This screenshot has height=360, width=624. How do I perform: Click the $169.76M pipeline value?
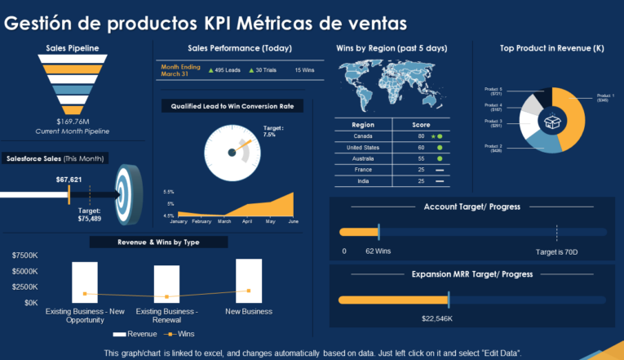pyautogui.click(x=73, y=122)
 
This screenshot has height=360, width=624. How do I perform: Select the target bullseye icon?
pyautogui.click(x=128, y=194)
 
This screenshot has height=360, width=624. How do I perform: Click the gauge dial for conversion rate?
pyautogui.click(x=232, y=152)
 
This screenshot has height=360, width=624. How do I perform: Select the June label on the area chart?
pyautogui.click(x=294, y=221)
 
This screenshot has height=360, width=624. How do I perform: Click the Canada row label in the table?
pyautogui.click(x=362, y=136)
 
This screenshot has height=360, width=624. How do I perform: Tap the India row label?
pyautogui.click(x=362, y=180)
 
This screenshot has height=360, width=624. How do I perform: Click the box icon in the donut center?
pyautogui.click(x=553, y=120)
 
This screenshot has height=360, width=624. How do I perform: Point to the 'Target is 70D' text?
pyautogui.click(x=556, y=251)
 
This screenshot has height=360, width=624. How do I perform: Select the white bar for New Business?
pyautogui.click(x=249, y=280)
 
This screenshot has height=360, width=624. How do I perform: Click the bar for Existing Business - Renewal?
pyautogui.click(x=166, y=283)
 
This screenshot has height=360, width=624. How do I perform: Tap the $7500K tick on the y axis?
pyautogui.click(x=24, y=256)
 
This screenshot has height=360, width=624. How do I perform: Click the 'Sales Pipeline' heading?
pyautogui.click(x=73, y=48)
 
